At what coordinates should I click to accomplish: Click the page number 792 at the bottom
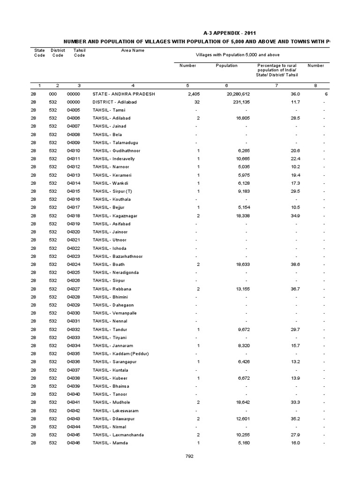189,456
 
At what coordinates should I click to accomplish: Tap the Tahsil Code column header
80,52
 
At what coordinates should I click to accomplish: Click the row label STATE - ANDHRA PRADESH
124,94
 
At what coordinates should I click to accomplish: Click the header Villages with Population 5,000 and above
225,55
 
